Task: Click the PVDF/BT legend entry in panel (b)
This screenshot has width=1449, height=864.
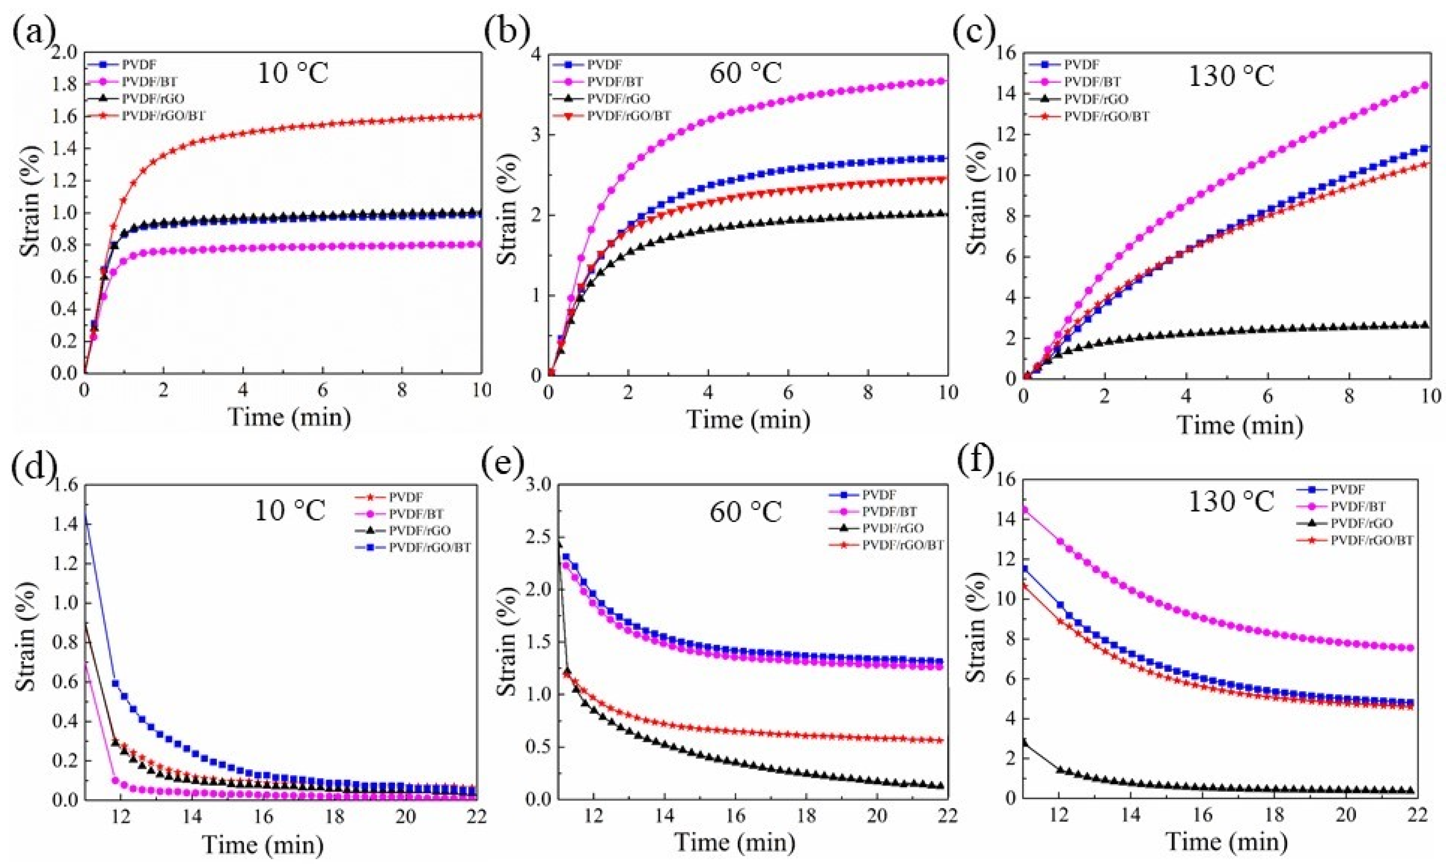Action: [615, 82]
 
